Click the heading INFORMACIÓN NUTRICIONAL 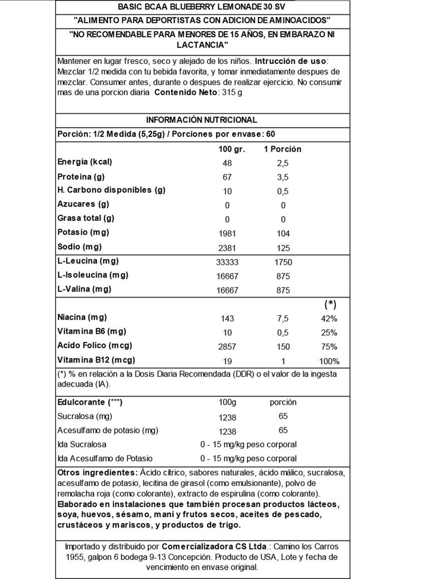pos(201,120)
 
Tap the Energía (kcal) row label pos(85,162)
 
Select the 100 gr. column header pos(232,149)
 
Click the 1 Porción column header pos(282,149)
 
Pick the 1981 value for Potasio pos(227,233)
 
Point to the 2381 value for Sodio pos(227,248)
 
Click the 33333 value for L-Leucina pos(227,262)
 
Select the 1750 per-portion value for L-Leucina pos(283,262)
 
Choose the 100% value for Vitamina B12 pos(329,361)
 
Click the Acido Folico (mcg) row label pos(95,346)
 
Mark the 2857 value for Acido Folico pos(227,347)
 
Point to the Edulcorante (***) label pos(90,402)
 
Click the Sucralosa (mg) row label pos(85,416)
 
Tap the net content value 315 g pos(232,93)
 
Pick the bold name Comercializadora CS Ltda pos(214,546)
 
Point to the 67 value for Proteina pos(227,177)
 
